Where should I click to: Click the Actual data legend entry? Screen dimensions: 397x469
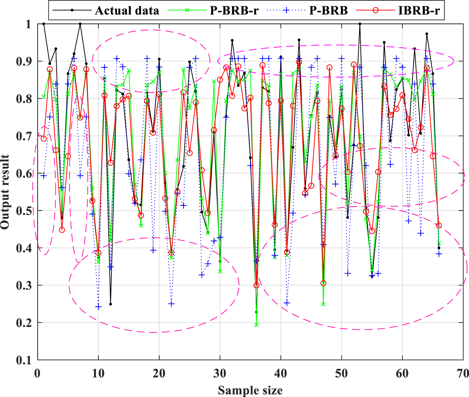[127, 11]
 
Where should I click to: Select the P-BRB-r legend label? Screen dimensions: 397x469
[234, 11]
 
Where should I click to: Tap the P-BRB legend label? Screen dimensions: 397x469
[328, 11]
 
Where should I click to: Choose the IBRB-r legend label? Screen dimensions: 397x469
[419, 11]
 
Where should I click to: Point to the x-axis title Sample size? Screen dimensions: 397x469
[250, 390]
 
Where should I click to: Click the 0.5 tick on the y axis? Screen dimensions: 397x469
[24, 211]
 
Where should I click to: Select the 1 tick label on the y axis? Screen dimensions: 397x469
[28, 24]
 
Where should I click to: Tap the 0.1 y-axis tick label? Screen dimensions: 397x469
[24, 360]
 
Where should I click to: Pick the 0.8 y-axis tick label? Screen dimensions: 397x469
[24, 99]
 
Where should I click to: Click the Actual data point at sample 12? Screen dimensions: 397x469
[110, 304]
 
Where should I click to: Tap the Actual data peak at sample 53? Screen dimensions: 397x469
[360, 24]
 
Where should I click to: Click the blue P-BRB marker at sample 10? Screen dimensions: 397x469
[98, 307]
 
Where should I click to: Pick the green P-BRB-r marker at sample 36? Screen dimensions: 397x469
[257, 325]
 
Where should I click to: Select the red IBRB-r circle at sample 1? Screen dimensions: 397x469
[43, 138]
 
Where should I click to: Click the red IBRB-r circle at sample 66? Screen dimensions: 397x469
[439, 225]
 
